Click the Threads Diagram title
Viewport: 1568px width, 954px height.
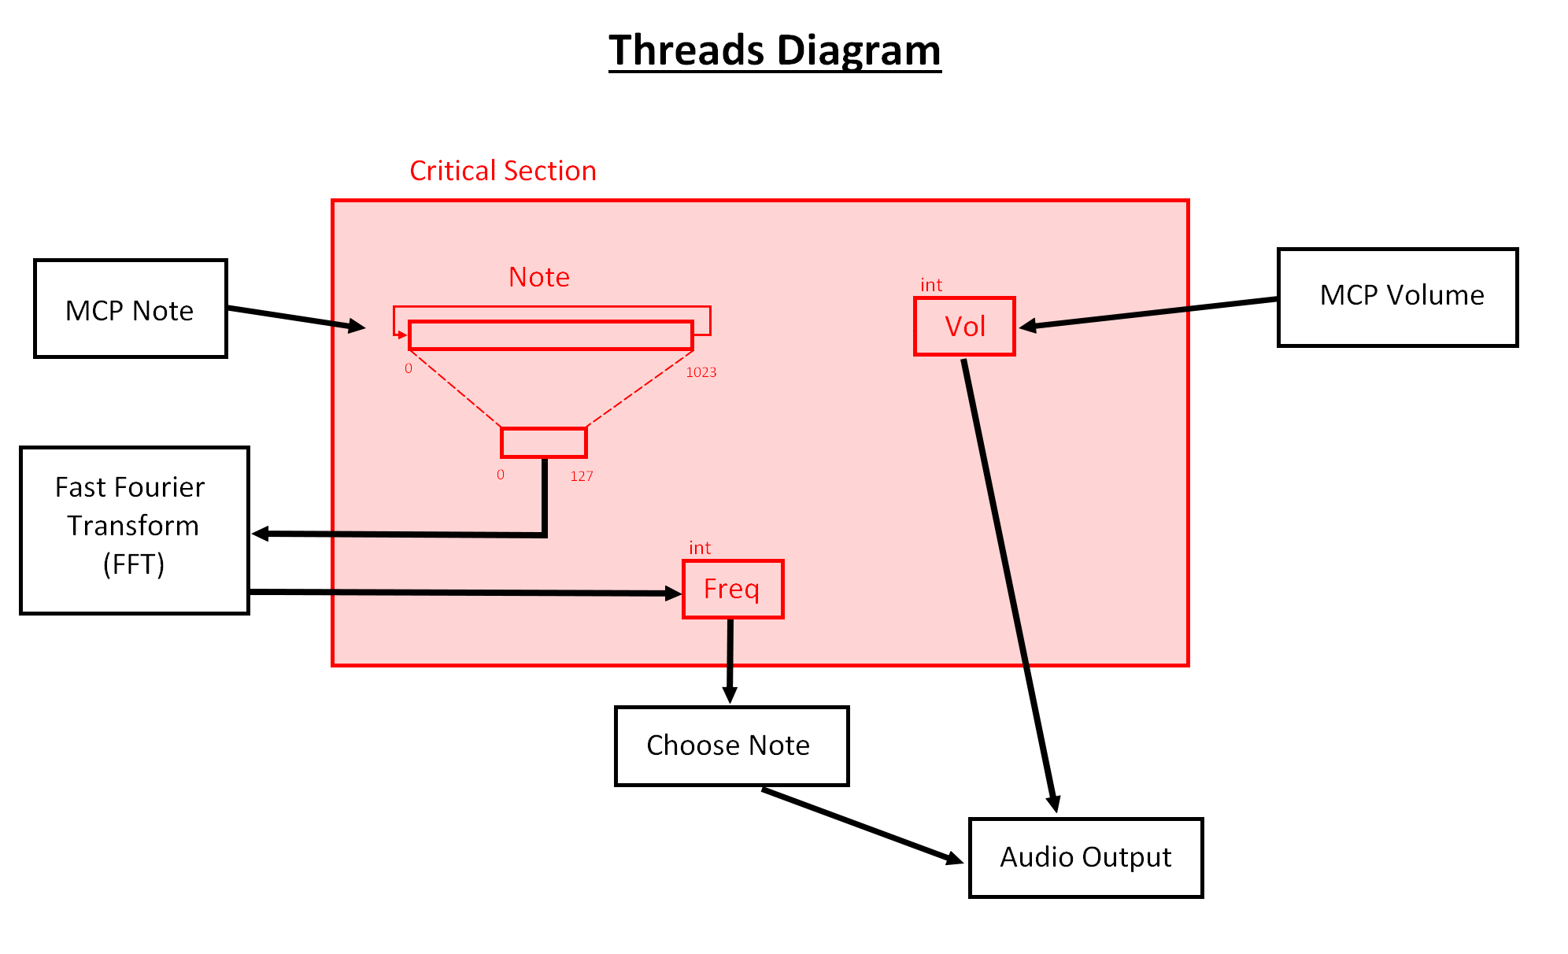point(775,50)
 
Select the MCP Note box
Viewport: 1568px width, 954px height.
point(131,309)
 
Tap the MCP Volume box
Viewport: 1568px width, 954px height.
point(1397,297)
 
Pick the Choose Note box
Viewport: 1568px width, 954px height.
point(731,745)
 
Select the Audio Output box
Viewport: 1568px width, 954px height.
point(1085,857)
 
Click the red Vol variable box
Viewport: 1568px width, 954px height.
point(964,326)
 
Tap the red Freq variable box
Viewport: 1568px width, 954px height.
point(732,589)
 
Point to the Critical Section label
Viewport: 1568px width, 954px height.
point(502,171)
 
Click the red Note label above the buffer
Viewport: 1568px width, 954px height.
point(538,277)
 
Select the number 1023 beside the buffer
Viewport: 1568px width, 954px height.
point(701,372)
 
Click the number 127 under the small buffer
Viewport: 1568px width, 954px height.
point(581,476)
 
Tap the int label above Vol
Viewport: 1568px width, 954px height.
point(931,285)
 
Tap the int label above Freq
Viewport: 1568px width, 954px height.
point(699,548)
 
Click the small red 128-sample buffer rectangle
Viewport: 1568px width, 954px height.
point(544,442)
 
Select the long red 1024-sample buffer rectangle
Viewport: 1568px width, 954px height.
point(550,335)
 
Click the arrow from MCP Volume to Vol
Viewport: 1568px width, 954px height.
point(1149,312)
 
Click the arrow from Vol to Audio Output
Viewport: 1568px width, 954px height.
point(1009,582)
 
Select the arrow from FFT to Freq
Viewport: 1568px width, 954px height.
point(464,592)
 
